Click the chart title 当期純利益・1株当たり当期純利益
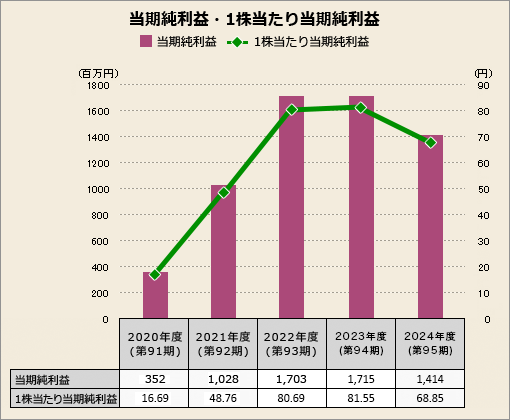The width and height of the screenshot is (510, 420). [254, 18]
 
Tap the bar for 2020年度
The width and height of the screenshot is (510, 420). [155, 296]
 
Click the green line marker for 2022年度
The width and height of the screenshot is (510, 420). [292, 110]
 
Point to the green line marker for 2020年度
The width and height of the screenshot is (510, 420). [155, 274]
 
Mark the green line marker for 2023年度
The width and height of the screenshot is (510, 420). [361, 107]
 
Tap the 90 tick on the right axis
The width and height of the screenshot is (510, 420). [482, 86]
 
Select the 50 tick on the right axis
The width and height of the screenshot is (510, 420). [482, 190]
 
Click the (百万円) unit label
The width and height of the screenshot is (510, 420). [98, 73]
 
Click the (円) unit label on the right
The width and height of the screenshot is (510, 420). [482, 73]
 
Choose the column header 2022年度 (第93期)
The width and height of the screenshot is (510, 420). [292, 344]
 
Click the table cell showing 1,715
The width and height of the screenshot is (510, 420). [361, 380]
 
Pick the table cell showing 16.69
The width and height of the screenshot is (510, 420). [155, 399]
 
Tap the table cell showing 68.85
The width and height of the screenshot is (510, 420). [430, 399]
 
